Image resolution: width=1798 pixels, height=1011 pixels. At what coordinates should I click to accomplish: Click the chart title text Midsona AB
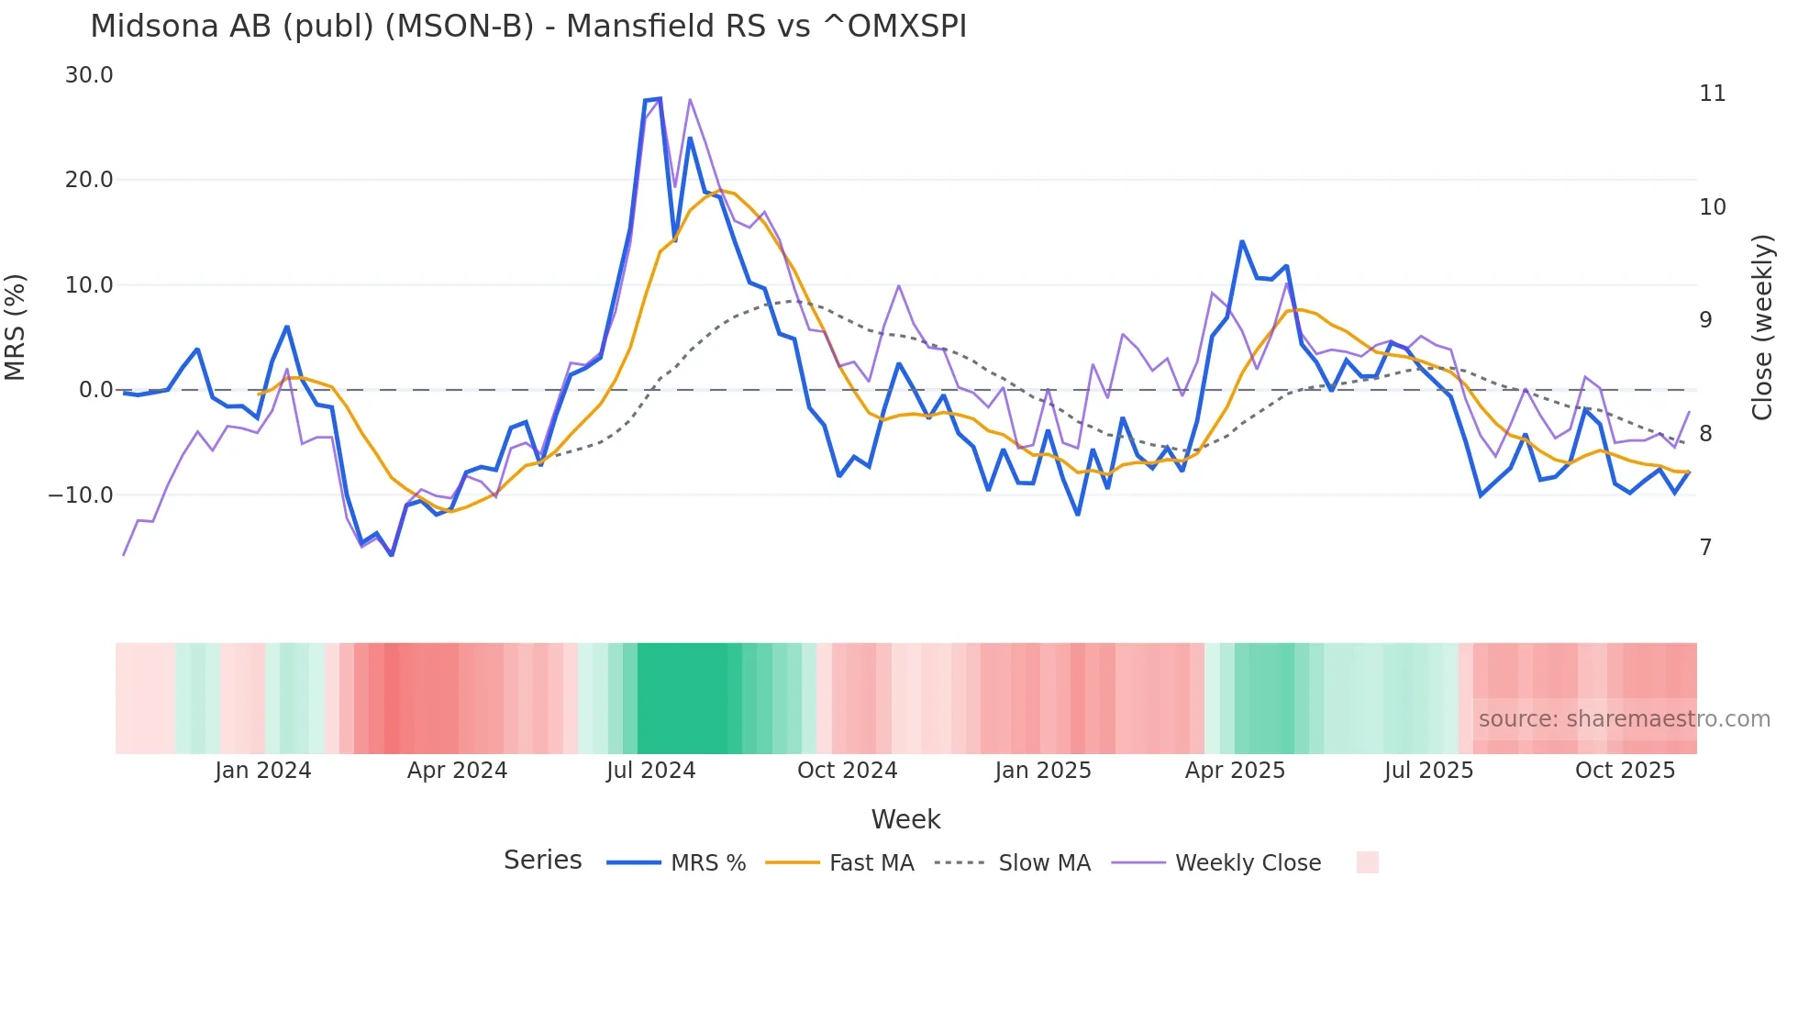click(x=527, y=27)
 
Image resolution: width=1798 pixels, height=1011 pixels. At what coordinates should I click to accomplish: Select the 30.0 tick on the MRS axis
click(x=89, y=75)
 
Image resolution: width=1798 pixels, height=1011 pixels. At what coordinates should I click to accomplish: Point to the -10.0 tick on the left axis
click(x=81, y=495)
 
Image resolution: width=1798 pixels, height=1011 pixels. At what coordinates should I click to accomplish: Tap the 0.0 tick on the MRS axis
click(x=95, y=390)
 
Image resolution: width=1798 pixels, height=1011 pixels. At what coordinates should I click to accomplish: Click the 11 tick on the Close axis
click(x=1712, y=94)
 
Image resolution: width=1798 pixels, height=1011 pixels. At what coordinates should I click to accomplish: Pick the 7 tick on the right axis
click(x=1705, y=548)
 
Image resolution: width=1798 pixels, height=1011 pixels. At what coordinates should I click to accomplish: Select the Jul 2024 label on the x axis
click(x=650, y=771)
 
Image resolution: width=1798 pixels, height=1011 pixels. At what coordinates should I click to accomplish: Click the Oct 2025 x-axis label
click(x=1625, y=771)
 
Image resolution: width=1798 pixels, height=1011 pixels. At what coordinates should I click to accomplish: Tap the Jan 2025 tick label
click(x=1042, y=771)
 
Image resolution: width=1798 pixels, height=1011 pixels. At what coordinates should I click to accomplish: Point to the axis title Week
click(x=905, y=819)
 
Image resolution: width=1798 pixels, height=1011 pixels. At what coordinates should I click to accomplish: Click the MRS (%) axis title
click(x=16, y=327)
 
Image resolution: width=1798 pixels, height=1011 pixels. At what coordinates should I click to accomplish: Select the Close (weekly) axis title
click(x=1761, y=328)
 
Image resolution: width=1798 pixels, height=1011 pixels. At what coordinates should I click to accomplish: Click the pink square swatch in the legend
click(x=1367, y=862)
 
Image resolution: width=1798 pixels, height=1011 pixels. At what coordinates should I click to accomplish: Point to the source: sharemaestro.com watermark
click(x=1624, y=719)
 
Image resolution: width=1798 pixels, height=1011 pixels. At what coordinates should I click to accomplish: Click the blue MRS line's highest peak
click(x=659, y=99)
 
